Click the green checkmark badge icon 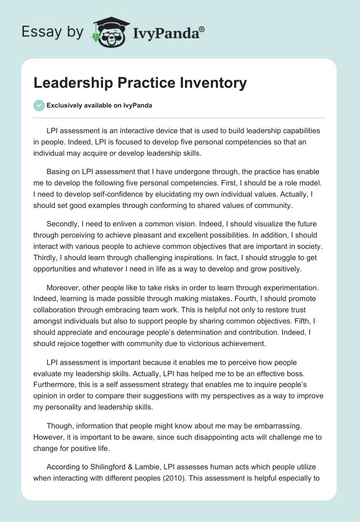pyautogui.click(x=39, y=105)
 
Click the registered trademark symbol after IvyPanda pyautogui.click(x=202, y=29)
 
